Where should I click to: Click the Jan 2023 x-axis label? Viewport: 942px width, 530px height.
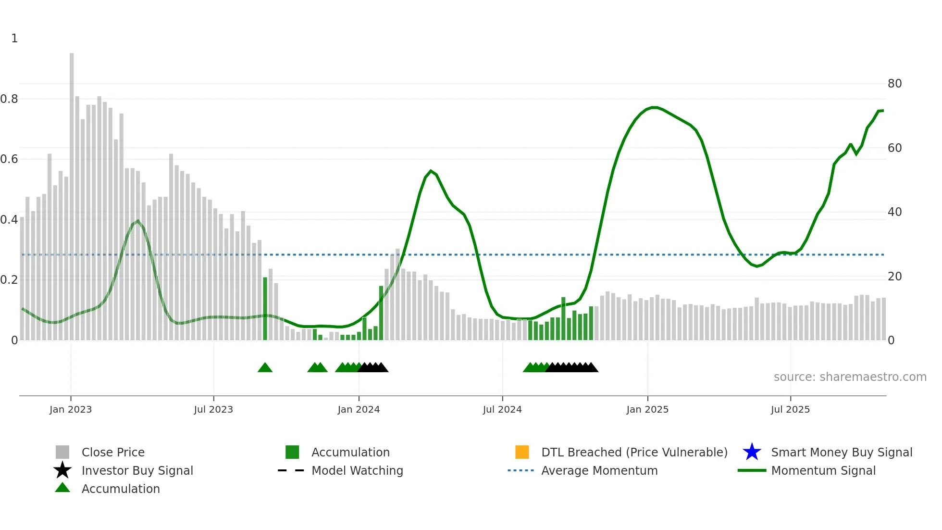(70, 409)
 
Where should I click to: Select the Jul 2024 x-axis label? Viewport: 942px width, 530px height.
(502, 409)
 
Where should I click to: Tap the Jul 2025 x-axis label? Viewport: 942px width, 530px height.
(790, 409)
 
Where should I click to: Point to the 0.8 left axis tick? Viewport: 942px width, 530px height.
(9, 99)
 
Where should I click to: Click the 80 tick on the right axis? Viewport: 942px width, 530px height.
(894, 84)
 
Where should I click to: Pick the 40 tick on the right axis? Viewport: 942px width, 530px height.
(894, 212)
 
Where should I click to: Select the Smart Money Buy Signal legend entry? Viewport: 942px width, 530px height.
(841, 452)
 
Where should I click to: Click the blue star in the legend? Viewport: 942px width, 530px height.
(752, 452)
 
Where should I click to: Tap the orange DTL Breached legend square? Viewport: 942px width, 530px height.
(522, 452)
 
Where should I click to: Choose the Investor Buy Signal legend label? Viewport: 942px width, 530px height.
(137, 470)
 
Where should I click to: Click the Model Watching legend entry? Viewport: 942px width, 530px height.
(357, 470)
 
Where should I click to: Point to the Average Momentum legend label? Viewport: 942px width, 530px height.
(599, 470)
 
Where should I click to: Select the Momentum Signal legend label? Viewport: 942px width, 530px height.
(823, 470)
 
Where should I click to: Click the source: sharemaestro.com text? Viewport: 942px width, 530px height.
(850, 377)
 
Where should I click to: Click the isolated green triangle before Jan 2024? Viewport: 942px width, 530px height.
(265, 368)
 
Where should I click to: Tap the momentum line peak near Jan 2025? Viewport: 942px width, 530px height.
(654, 107)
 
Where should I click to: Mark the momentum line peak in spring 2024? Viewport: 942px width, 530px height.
(431, 171)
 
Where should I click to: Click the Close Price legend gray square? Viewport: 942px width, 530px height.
(62, 452)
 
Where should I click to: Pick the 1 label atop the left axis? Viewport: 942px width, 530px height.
(14, 38)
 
